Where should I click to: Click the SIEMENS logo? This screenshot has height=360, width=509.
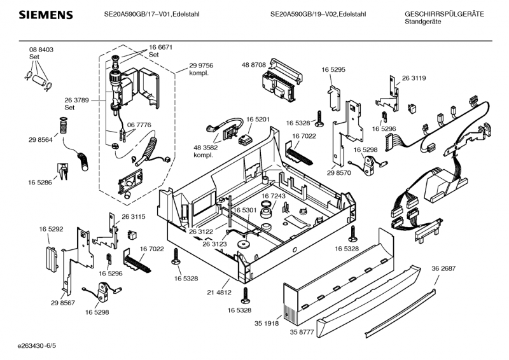pos(45,15)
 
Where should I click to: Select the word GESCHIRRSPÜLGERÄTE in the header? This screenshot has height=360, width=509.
pos(444,13)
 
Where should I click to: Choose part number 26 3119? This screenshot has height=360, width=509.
pos(414,78)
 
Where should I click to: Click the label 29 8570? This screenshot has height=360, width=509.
pos(339,173)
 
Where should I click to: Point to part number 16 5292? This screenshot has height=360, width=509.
pos(50,228)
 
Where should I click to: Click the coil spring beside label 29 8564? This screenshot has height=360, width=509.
pos(63,126)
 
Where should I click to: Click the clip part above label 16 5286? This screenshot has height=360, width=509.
pos(63,169)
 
